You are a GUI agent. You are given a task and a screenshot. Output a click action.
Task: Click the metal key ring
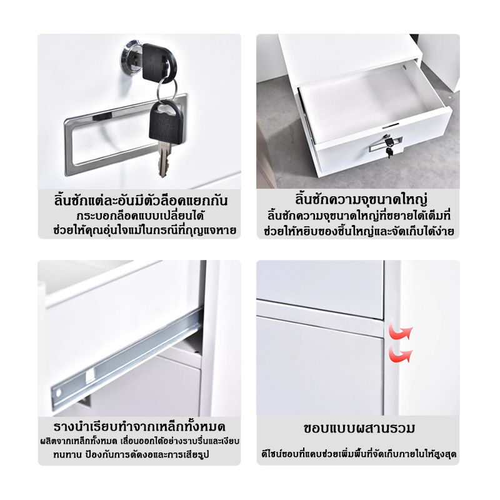point(167,89)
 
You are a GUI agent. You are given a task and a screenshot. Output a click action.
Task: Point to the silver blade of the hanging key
point(163,159)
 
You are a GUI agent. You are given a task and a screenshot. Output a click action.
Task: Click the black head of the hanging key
point(166,121)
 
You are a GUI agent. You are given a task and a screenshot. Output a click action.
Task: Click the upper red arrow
point(401,332)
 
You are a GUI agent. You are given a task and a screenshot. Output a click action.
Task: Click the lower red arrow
point(401,353)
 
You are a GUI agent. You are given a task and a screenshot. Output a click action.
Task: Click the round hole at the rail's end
point(58,394)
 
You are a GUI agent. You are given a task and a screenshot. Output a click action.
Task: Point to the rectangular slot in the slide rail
point(90,376)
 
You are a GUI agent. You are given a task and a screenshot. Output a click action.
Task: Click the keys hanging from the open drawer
point(388,147)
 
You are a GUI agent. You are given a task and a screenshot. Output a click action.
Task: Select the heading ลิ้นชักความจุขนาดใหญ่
point(361,199)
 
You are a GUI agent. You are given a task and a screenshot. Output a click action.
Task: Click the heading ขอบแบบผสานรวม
point(359,428)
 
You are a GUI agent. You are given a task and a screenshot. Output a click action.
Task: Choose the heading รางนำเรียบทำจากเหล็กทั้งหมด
point(139,426)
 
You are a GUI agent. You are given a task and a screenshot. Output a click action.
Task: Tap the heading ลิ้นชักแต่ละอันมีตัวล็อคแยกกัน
point(141,201)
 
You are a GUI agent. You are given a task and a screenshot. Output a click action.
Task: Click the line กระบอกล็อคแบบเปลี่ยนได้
point(140,216)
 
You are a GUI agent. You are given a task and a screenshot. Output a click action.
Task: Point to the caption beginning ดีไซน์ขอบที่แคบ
point(359,454)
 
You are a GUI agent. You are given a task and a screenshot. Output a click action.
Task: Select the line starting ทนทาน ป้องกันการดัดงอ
point(131,454)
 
